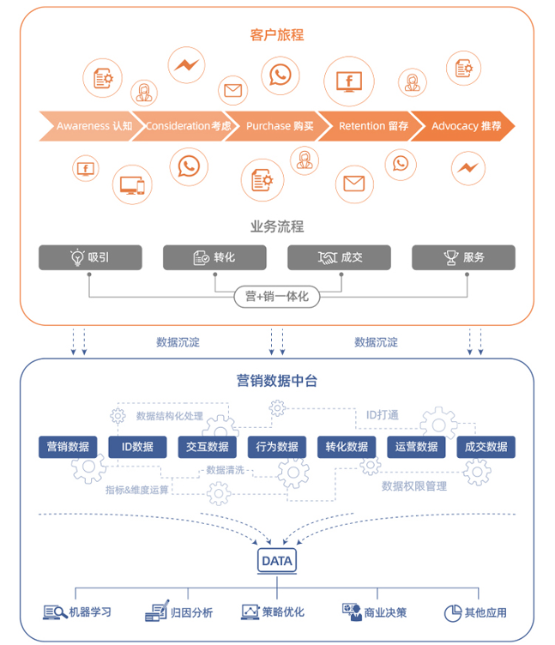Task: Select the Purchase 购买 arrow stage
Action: pos(280,126)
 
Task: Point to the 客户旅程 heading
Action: pos(277,35)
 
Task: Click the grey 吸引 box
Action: pos(90,257)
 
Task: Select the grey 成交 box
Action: pos(339,257)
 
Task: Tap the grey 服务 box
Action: pos(463,257)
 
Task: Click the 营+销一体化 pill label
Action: pos(276,297)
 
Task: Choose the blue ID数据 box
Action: pos(137,447)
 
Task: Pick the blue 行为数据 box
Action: pos(277,447)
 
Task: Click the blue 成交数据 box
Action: pos(486,447)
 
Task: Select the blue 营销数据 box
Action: pos(68,447)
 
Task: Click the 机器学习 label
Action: pos(89,612)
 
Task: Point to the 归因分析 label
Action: pos(191,612)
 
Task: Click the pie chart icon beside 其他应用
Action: pos(452,612)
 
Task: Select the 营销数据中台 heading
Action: pos(277,381)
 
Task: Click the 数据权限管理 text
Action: pos(414,486)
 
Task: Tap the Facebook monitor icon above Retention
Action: pos(348,81)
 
